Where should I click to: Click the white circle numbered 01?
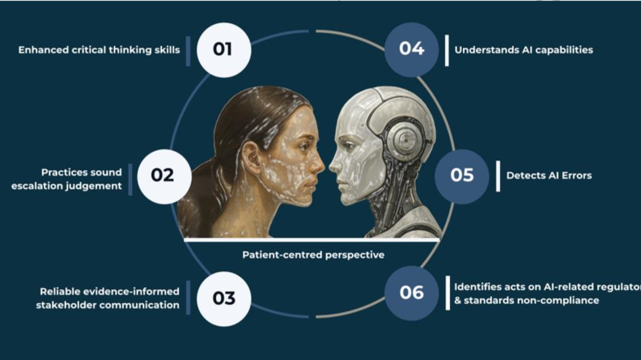point(224,50)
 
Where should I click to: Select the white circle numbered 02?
point(164,177)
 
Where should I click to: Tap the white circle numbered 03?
point(224,299)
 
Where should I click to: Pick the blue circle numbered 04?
point(411,49)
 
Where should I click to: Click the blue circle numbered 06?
point(411,293)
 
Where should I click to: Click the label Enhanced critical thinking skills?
point(99,50)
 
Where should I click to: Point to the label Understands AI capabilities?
point(523,50)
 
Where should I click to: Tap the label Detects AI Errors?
point(549,176)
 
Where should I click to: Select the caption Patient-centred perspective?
point(313,255)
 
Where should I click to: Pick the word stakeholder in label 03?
point(66,305)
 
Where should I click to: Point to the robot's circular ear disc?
point(405,141)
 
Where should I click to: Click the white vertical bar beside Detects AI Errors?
point(498,176)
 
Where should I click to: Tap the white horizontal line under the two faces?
point(312,240)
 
